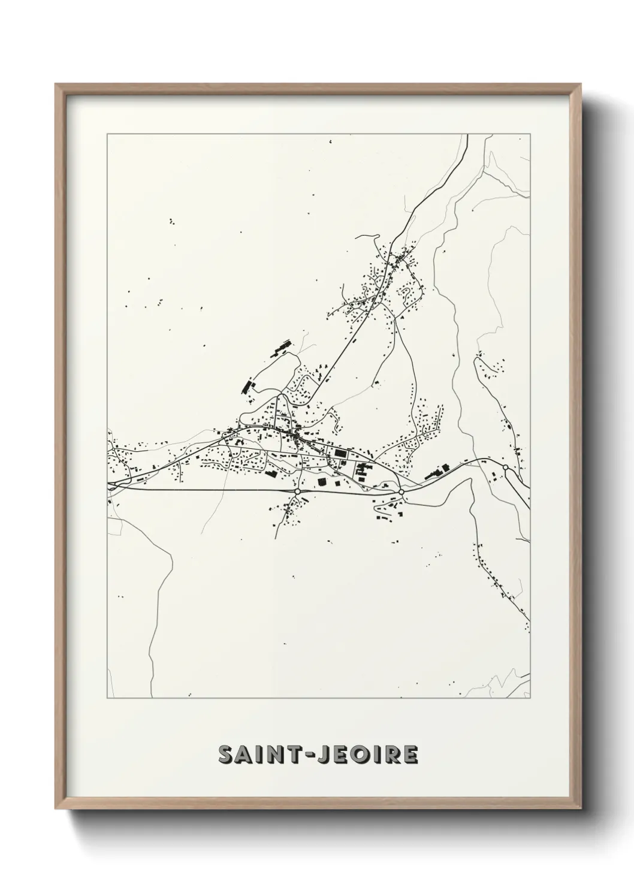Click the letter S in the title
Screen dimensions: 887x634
click(x=227, y=755)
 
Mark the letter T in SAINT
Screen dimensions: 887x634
click(x=286, y=755)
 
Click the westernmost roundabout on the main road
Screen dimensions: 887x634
click(x=297, y=491)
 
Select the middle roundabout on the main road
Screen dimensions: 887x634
click(x=401, y=492)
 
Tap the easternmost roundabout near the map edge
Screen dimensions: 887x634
click(x=505, y=467)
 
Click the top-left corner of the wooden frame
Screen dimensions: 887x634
click(x=56, y=85)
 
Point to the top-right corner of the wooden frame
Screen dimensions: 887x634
click(x=579, y=85)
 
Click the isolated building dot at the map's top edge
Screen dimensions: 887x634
click(x=330, y=141)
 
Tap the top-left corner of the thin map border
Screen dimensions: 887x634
click(x=107, y=134)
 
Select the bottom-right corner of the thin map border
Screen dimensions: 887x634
click(x=530, y=698)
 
